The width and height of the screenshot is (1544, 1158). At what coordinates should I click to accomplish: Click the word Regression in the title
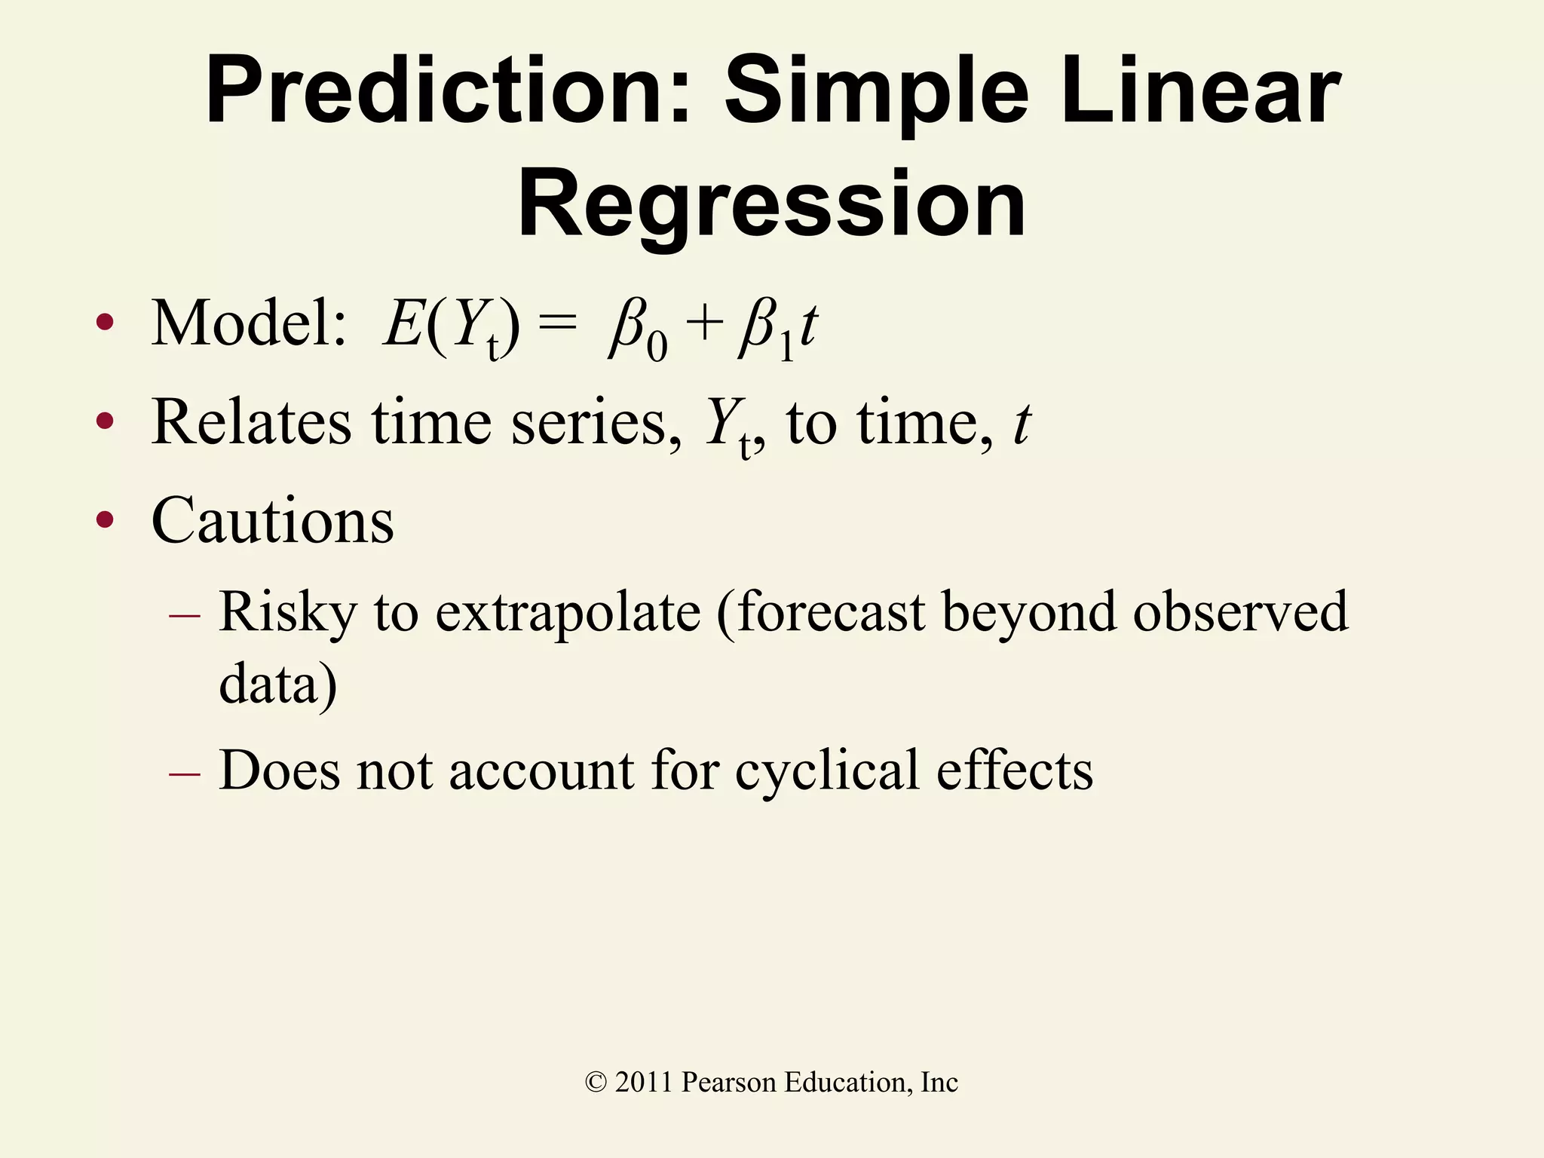pos(771,205)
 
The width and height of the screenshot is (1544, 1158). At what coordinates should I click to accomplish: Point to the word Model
pos(249,324)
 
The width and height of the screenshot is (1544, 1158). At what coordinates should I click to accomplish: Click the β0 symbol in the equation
pos(638,332)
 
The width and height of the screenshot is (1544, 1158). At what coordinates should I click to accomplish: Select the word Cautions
pos(272,521)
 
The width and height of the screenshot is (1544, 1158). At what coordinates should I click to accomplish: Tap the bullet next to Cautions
pos(105,519)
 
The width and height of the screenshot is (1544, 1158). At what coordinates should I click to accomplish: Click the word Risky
pos(287,612)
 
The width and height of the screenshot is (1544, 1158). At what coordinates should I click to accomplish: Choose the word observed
pos(1240,612)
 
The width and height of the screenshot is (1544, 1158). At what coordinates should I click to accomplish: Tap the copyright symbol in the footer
pos(596,1083)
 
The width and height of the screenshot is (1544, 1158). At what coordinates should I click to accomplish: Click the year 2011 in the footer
pos(643,1083)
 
